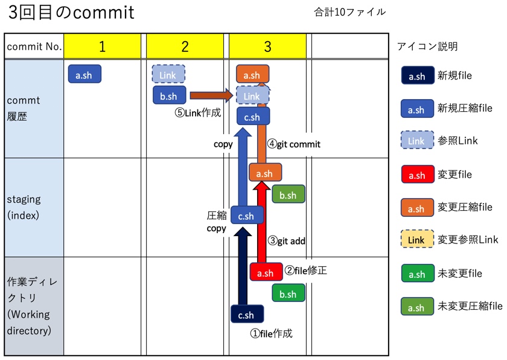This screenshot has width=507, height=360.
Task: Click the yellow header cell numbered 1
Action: coord(102,47)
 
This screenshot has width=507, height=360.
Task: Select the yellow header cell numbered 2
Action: coord(185,47)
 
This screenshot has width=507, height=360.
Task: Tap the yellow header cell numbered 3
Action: coord(267,47)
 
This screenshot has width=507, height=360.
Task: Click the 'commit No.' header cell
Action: coord(34,47)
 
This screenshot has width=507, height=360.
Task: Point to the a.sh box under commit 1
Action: coord(84,74)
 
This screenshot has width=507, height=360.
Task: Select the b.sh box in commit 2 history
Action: coord(169,95)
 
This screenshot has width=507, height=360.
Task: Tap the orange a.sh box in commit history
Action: coord(252,75)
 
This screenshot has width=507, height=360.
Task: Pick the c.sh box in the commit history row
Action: coord(252,117)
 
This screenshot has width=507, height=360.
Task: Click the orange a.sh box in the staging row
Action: coord(265,173)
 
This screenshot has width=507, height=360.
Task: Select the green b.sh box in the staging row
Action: coord(288,194)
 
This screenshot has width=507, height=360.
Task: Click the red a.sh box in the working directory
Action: coord(266,272)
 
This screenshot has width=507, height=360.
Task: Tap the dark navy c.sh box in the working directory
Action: coord(246,314)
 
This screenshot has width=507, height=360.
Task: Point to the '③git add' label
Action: coord(287,240)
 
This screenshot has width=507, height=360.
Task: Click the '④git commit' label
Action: coord(294,144)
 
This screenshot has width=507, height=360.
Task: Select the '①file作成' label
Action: coord(272,333)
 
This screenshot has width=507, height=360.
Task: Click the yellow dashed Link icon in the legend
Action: coord(416,240)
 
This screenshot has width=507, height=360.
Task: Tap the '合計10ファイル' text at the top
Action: coord(349,11)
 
